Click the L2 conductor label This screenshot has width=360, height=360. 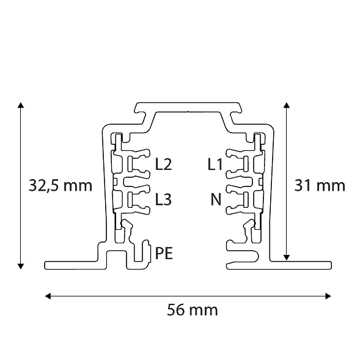tap(164, 164)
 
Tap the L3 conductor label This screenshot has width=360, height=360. tap(164, 199)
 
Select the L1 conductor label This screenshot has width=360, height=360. tap(214, 164)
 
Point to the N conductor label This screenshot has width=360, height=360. tap(215, 199)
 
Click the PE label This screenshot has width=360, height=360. tap(164, 252)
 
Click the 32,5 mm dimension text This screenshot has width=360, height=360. tap(61, 185)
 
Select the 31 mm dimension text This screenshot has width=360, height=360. tap(320, 185)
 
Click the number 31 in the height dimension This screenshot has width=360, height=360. tap(303, 185)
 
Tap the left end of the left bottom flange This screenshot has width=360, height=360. tap(46, 265)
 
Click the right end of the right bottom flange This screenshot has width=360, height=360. tap(330, 265)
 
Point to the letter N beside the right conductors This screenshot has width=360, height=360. tap(215, 199)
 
